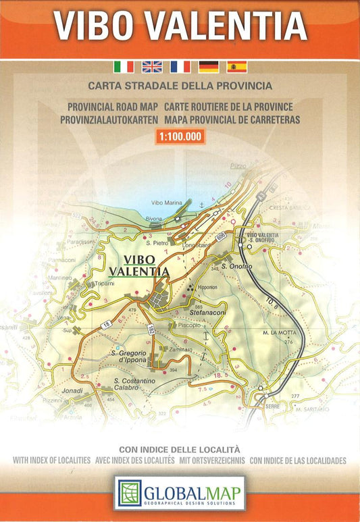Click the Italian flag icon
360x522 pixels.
124,66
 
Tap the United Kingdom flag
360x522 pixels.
152,66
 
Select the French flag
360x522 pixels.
180,66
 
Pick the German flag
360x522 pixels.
209,66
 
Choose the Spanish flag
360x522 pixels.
237,66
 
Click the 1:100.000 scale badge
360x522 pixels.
180,136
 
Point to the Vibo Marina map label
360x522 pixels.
168,203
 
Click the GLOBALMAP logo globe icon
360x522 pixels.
128,492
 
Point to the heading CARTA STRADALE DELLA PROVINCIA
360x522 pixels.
180,86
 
